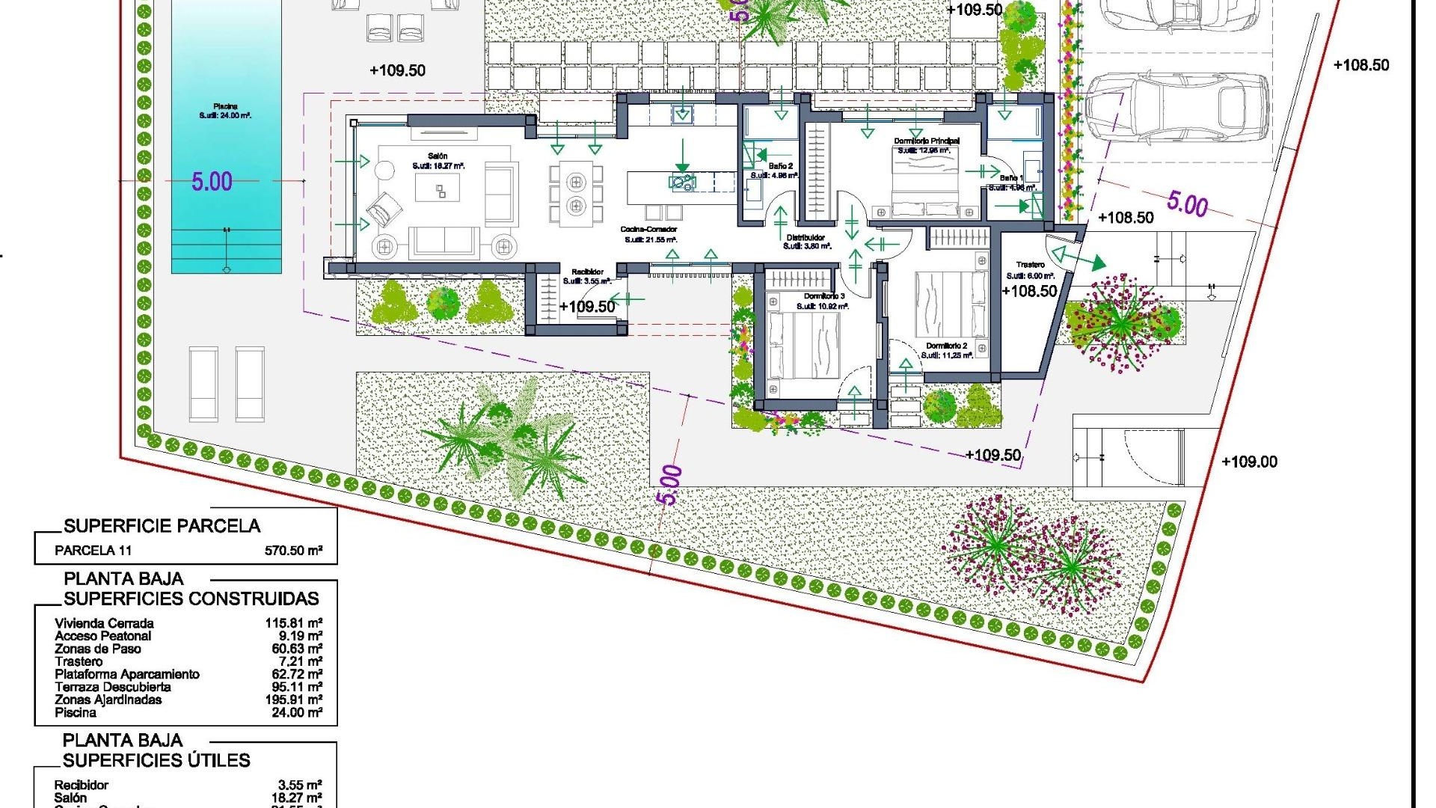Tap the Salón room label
(438, 156)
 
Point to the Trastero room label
(1030, 265)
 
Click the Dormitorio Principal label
(927, 141)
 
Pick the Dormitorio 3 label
(824, 297)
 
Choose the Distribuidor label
(806, 237)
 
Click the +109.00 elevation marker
(1249, 462)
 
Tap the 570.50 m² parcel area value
(293, 551)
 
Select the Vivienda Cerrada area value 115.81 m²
(293, 622)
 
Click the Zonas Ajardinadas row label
(108, 700)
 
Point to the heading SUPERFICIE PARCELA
(162, 526)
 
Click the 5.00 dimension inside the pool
(212, 181)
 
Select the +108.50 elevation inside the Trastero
(1029, 291)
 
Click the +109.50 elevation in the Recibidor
(587, 306)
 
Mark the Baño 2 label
(781, 166)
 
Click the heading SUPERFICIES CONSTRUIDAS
(191, 599)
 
